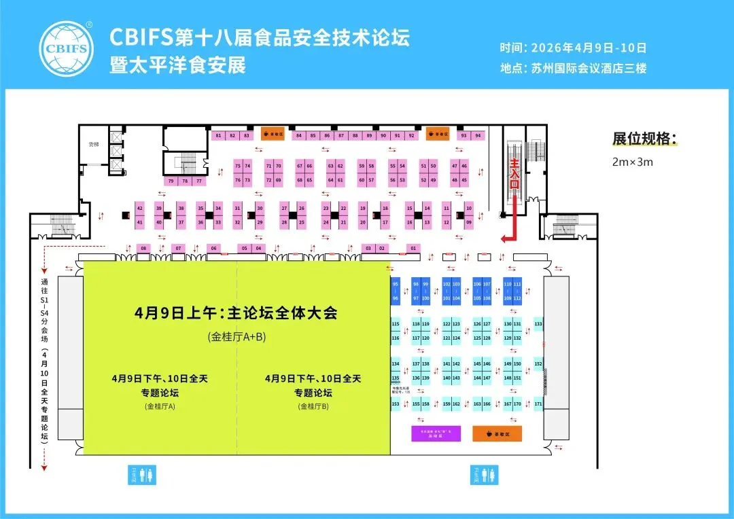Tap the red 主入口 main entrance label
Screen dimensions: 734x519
point(514,174)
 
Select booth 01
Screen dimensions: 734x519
point(413,249)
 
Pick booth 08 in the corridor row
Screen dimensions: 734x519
point(143,249)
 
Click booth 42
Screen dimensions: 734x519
point(139,207)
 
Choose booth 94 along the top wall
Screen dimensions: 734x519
point(478,135)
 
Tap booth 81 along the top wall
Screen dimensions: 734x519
point(218,136)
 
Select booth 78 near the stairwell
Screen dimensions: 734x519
point(185,181)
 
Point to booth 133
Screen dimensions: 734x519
point(538,325)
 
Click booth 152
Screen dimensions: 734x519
point(538,365)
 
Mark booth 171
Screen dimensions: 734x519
point(538,404)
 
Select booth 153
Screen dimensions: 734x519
point(396,404)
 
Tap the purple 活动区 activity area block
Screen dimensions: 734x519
point(436,433)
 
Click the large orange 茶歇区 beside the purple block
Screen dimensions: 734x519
point(497,433)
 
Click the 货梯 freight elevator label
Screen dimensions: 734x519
point(94,145)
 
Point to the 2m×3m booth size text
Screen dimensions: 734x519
point(633,162)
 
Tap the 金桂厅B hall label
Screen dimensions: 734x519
point(313,406)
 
